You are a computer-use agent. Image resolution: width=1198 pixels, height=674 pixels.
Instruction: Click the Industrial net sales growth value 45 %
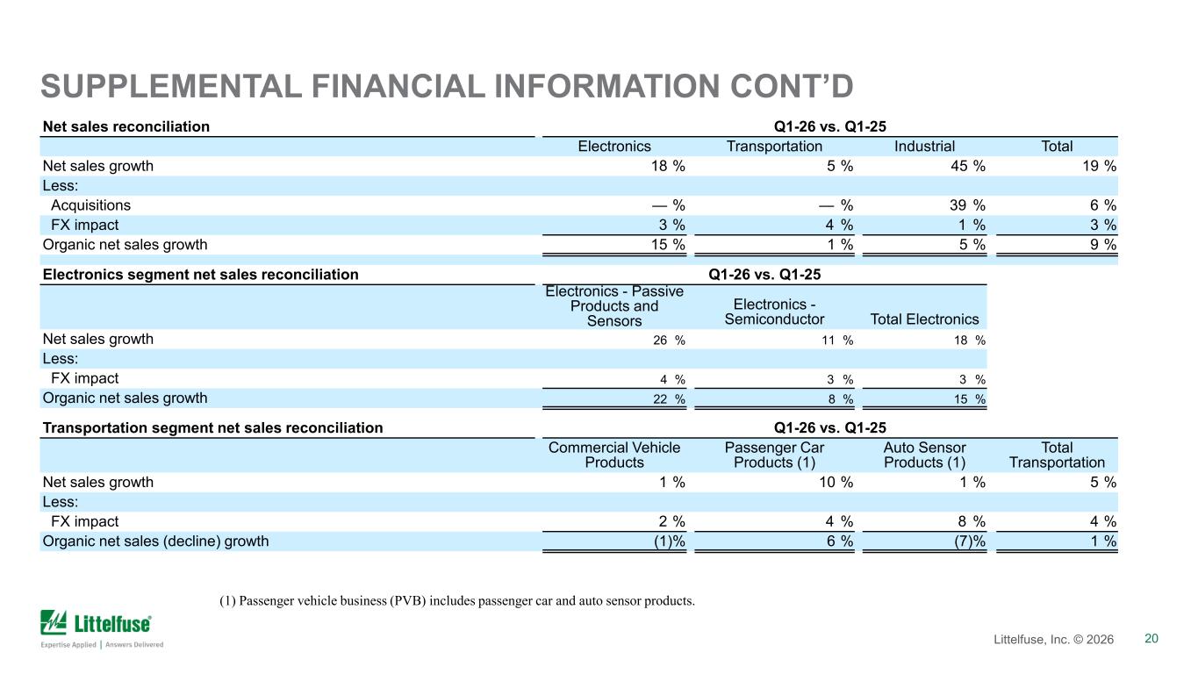coord(967,166)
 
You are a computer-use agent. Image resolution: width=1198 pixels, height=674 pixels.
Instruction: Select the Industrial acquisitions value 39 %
coord(967,204)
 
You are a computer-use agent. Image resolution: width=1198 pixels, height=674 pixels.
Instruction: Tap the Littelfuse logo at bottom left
coord(102,629)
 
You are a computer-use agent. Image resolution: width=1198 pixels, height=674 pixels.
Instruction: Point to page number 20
coord(1151,638)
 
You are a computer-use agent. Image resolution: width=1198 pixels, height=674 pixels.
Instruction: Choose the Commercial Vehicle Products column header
coord(614,455)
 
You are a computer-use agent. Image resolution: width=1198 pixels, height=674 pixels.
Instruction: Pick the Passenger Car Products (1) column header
coord(774,455)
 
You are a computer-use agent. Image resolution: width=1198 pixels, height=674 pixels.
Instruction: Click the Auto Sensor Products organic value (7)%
coord(970,541)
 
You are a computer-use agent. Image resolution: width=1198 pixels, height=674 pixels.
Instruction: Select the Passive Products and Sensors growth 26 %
coord(669,340)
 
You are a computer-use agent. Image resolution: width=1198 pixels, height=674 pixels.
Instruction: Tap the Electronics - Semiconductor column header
coord(774,312)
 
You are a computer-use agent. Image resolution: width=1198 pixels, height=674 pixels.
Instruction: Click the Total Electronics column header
coord(924,319)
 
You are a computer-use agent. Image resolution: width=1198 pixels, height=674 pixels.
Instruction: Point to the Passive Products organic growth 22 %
coord(669,399)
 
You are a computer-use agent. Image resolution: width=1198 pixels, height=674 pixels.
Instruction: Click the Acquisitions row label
coord(90,204)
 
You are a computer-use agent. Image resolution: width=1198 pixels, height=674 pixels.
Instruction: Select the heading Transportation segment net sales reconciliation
coord(213,428)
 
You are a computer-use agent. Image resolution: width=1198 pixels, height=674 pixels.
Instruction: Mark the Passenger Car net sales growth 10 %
coord(836,482)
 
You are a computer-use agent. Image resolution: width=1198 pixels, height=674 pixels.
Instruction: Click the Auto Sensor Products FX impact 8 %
coord(972,521)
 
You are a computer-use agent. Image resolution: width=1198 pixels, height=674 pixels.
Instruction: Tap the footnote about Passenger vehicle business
coord(457,600)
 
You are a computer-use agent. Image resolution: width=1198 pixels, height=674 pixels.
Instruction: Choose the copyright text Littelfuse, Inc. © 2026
coord(1053,639)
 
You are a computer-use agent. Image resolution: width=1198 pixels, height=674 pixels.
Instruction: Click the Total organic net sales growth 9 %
coord(1103,245)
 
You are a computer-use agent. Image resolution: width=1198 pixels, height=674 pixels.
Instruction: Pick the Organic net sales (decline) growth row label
coord(155,541)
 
